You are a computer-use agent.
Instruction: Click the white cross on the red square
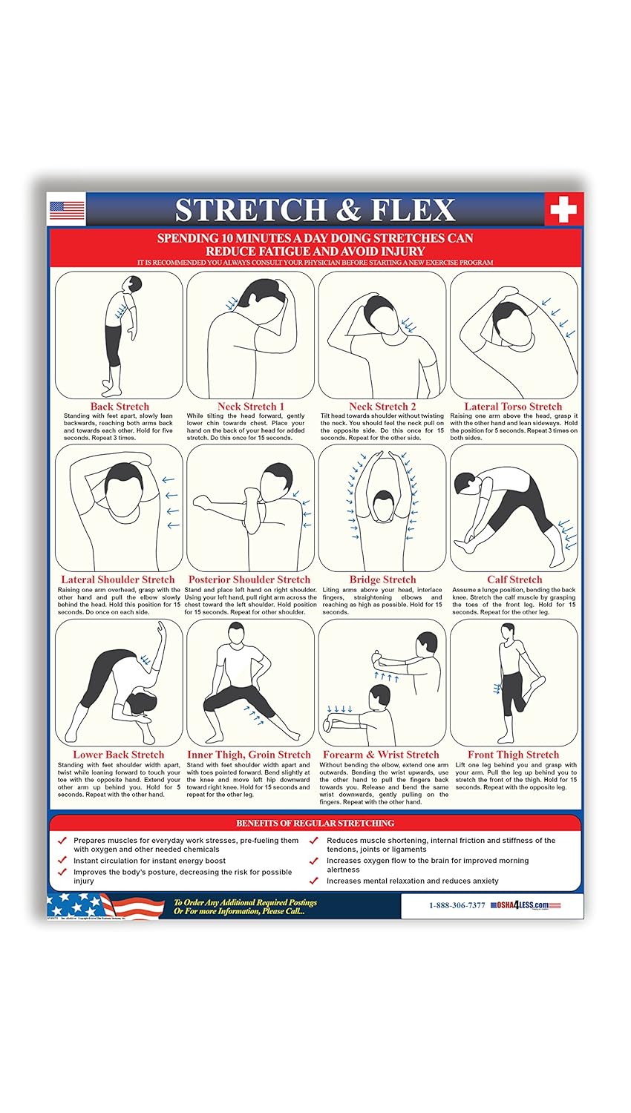pyautogui.click(x=563, y=209)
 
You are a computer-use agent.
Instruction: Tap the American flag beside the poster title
pyautogui.click(x=67, y=210)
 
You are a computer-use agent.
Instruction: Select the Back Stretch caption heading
pyautogui.click(x=120, y=407)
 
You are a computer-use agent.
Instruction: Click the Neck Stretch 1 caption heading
pyautogui.click(x=251, y=407)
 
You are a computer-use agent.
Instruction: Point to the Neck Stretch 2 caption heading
pyautogui.click(x=382, y=407)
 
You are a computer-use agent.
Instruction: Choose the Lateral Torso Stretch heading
pyautogui.click(x=513, y=407)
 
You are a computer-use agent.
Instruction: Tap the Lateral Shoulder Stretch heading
pyautogui.click(x=118, y=580)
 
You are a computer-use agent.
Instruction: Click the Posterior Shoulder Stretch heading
pyautogui.click(x=249, y=580)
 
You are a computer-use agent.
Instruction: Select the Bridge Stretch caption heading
pyautogui.click(x=382, y=580)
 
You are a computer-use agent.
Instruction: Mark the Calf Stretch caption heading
pyautogui.click(x=514, y=580)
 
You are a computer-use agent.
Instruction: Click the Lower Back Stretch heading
pyautogui.click(x=119, y=755)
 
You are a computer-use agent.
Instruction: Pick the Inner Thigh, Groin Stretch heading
pyautogui.click(x=249, y=755)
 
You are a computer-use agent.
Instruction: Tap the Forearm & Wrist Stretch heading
pyautogui.click(x=381, y=755)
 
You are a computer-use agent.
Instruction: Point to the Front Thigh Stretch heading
pyautogui.click(x=513, y=755)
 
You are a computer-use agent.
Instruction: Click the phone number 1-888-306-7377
pyautogui.click(x=457, y=905)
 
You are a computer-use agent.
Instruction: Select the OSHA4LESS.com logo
pyautogui.click(x=525, y=905)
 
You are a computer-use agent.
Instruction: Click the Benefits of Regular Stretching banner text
pyautogui.click(x=315, y=823)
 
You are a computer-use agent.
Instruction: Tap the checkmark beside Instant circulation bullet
pyautogui.click(x=62, y=861)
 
